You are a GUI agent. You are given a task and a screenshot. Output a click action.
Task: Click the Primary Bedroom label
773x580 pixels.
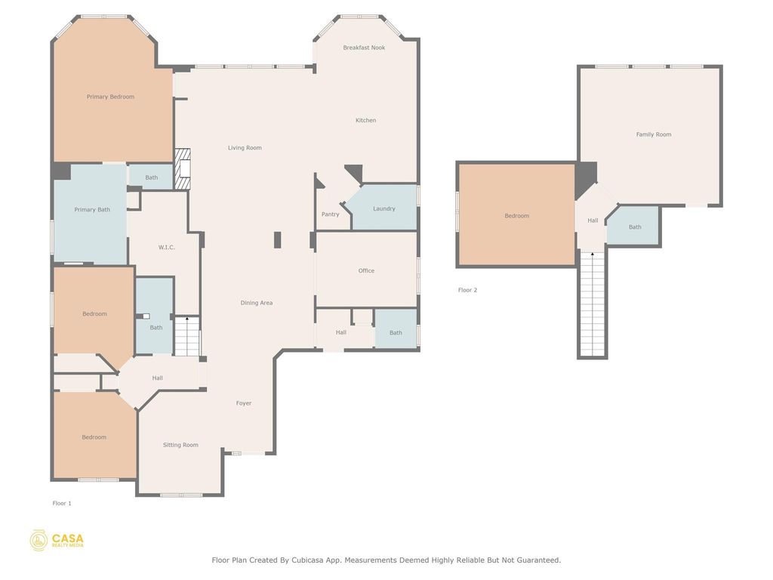[110, 97]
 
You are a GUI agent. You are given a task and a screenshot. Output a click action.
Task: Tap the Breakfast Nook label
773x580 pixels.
[364, 48]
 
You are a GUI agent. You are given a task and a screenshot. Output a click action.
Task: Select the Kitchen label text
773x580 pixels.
[366, 120]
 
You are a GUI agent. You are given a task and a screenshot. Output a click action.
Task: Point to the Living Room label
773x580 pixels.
[245, 147]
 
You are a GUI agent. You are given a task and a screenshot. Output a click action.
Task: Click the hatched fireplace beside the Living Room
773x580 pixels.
[183, 169]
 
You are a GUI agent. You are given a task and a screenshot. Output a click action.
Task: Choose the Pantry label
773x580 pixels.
[331, 214]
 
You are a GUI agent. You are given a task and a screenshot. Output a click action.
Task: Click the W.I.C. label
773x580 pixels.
[167, 247]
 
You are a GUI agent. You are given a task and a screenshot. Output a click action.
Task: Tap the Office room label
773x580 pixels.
[366, 270]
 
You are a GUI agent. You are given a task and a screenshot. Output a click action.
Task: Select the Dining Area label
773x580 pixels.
[257, 303]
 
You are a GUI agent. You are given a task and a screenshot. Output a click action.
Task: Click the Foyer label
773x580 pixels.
[244, 403]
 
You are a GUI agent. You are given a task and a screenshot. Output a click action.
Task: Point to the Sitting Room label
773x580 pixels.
[180, 445]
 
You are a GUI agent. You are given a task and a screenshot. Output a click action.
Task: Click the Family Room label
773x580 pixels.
[654, 134]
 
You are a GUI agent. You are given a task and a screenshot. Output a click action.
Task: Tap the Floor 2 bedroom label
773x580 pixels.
[516, 215]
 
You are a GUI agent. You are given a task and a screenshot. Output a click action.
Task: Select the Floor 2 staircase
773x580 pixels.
[593, 304]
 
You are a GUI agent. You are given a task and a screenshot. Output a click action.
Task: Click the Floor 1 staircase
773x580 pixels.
[187, 336]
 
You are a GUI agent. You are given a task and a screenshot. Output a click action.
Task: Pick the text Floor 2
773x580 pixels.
[467, 290]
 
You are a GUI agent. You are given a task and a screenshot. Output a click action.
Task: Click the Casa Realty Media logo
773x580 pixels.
[57, 541]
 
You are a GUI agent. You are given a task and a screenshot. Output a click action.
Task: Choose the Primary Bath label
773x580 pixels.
[92, 210]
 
